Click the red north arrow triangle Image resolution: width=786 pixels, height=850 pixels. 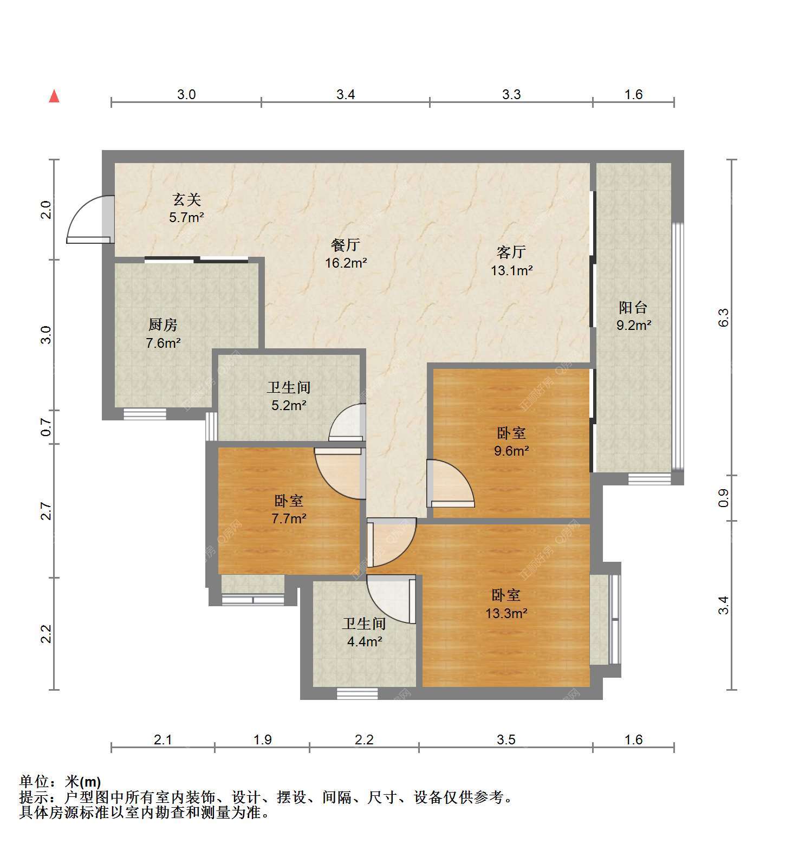tap(54, 96)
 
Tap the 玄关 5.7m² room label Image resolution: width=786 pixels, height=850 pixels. tap(187, 209)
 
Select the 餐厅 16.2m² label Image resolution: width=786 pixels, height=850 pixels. tap(346, 254)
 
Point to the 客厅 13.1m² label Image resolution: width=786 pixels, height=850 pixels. tap(511, 261)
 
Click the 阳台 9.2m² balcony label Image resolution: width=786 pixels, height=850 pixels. tap(633, 316)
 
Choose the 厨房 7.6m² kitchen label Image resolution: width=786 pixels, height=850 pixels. tap(163, 334)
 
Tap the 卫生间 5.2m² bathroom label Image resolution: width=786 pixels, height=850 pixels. tap(289, 396)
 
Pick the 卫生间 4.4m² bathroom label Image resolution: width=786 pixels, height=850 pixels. tap(364, 633)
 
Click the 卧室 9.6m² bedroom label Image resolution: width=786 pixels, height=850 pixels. tap(511, 442)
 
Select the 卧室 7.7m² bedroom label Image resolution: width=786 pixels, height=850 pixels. tap(289, 509)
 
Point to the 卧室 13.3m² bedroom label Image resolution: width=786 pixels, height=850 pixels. tap(506, 604)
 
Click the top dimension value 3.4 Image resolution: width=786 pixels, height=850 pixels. tap(346, 95)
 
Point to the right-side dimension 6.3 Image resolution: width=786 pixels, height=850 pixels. tap(724, 317)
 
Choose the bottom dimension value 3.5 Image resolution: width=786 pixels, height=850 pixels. tap(506, 739)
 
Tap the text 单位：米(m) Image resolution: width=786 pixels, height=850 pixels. tap(60, 782)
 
